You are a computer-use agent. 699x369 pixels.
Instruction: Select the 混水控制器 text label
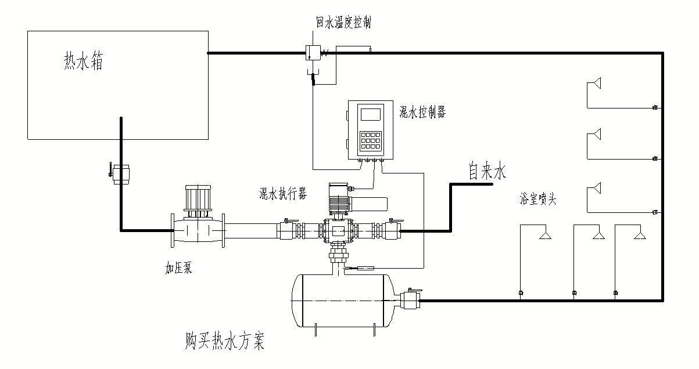[422, 113]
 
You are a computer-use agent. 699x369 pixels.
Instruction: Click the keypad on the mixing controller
[370, 140]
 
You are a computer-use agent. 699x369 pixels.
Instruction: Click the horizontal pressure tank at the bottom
[343, 301]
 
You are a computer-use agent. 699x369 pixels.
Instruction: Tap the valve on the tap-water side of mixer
[390, 230]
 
